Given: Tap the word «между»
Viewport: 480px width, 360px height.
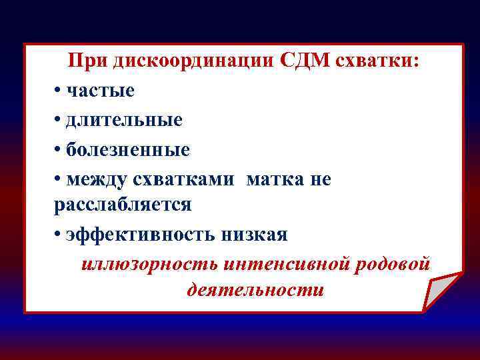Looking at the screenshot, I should [x=99, y=179].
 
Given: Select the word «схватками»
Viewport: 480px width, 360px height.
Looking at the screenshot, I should [x=188, y=179].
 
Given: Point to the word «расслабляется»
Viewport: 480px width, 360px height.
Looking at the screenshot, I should [x=123, y=205].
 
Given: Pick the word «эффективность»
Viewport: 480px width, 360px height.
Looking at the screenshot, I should [x=140, y=235].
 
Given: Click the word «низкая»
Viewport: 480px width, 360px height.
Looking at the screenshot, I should [x=254, y=235].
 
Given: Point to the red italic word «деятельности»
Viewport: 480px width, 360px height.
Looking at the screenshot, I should [x=256, y=291].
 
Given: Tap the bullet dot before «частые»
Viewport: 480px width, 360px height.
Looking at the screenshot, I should [x=58, y=91].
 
